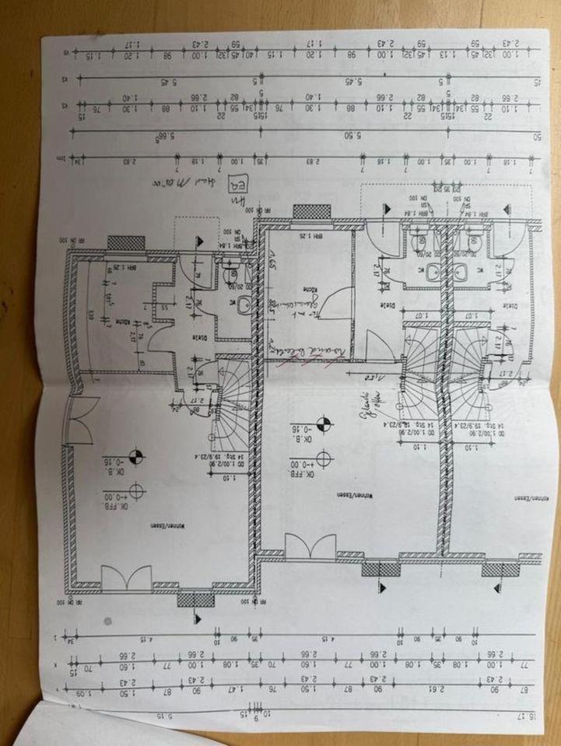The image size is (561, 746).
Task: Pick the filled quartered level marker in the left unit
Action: click(x=136, y=455)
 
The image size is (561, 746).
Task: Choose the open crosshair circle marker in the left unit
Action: click(x=137, y=491)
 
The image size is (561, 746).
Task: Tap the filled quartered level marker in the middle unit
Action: click(x=324, y=424)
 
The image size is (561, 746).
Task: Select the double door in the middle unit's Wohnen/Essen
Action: click(x=310, y=546)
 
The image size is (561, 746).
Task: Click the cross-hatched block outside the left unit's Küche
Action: click(x=126, y=242)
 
